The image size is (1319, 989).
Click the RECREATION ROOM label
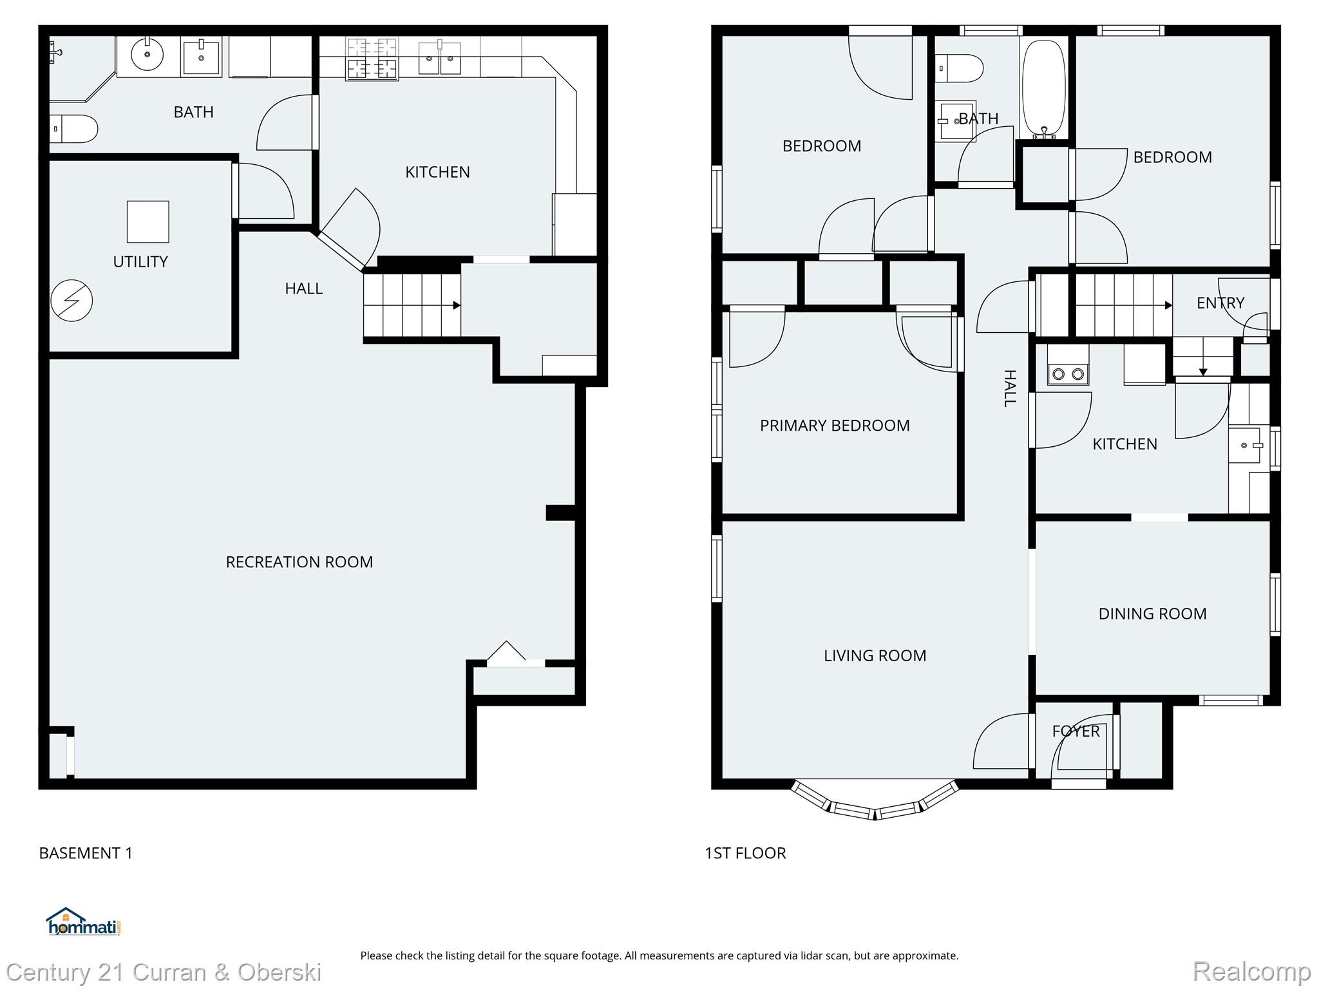tap(299, 562)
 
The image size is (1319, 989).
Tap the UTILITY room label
tap(140, 262)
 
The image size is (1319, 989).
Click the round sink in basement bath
tap(147, 55)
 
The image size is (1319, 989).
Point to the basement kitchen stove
tap(372, 59)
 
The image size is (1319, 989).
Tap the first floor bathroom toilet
tap(960, 68)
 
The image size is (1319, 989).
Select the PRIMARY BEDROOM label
tap(835, 426)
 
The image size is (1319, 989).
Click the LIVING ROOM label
tap(875, 655)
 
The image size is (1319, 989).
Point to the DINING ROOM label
tap(1152, 614)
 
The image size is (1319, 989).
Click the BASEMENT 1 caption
tap(86, 853)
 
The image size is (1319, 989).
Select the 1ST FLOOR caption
tap(745, 853)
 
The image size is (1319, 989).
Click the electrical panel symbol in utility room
tap(71, 301)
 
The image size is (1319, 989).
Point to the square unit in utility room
tap(147, 221)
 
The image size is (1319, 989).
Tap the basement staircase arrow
tap(456, 305)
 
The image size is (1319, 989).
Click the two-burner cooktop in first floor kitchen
tap(1068, 373)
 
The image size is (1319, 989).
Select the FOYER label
tap(1076, 731)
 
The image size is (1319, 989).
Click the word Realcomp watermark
tap(1251, 971)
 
